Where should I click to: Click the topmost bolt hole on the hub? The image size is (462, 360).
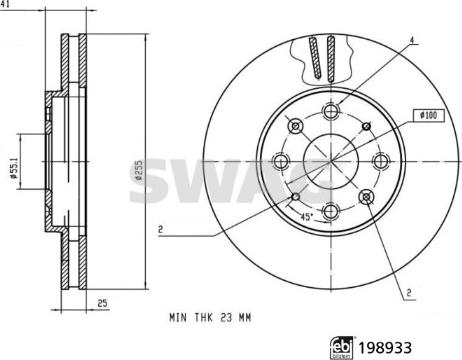(x=330, y=111)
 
